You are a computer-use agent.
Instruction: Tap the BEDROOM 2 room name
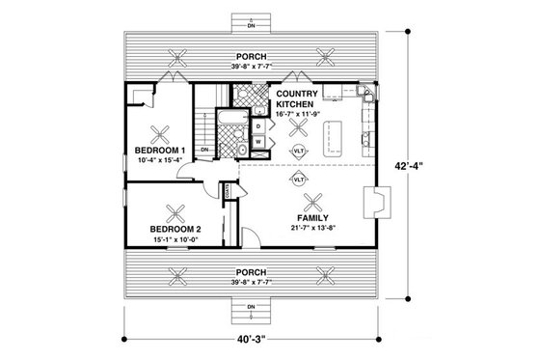point(175,228)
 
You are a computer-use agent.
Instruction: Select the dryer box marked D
point(260,126)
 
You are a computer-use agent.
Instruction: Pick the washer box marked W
point(260,143)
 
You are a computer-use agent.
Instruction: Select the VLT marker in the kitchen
point(301,152)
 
